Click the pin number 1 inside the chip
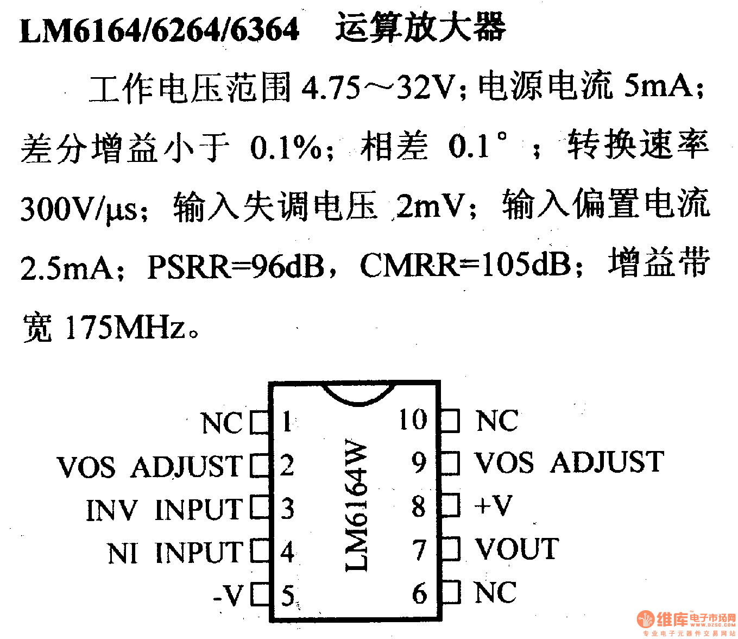(x=287, y=422)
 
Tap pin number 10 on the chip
(x=413, y=419)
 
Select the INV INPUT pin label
(x=164, y=510)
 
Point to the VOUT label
(x=516, y=549)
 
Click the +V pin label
(x=493, y=505)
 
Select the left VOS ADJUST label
(x=149, y=466)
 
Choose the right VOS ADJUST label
(x=569, y=462)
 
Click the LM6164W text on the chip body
(x=357, y=505)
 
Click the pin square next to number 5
(x=260, y=594)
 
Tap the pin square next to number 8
(x=450, y=505)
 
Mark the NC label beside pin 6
(x=495, y=592)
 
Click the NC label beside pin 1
(x=222, y=423)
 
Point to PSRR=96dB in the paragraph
(x=236, y=267)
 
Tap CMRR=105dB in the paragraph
(x=465, y=266)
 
